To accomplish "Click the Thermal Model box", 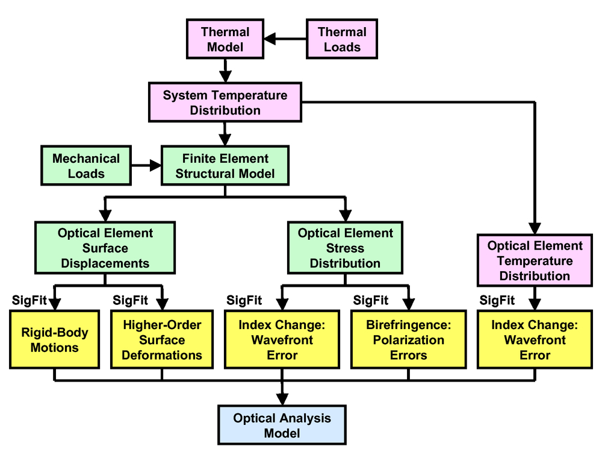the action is (225, 39).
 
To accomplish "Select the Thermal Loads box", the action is (342, 39).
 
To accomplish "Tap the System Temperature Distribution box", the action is (225, 102).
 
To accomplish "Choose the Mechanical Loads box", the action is (86, 166).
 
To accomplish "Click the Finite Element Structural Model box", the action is (225, 166).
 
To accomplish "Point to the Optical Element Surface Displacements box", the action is (105, 248).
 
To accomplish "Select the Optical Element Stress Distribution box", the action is (345, 248).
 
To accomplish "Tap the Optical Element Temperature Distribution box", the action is (535, 260).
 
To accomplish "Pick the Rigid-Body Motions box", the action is (55, 340).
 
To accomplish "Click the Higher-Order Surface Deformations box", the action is (162, 340).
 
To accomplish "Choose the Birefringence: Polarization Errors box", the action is (409, 340).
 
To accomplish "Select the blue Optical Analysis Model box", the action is (282, 425).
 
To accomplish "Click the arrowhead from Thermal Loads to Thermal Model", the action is (270, 39).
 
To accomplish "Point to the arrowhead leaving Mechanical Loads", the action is (155, 166).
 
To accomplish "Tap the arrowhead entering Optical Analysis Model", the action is (282, 400).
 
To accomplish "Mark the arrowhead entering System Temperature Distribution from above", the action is (225, 77).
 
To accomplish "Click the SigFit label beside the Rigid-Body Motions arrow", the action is (29, 300).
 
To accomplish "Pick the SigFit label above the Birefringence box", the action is (371, 300).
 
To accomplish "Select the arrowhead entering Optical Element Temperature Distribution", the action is (535, 228).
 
